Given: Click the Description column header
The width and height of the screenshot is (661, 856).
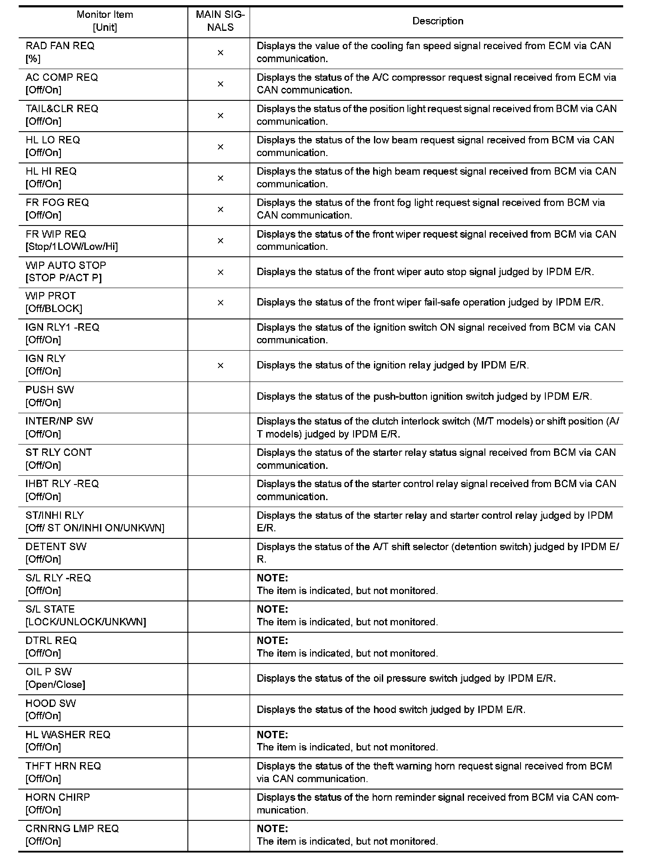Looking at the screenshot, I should pos(437,21).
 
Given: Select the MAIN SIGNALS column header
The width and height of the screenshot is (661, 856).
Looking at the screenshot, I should pos(220,21).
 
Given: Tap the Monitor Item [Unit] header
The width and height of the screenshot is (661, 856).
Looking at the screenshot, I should pos(105,21).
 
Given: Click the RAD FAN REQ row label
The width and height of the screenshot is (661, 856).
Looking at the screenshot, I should pos(60,46).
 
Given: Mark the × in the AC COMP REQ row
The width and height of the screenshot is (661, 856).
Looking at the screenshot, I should pos(220,84).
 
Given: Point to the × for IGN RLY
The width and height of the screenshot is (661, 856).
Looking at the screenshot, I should pos(220,365).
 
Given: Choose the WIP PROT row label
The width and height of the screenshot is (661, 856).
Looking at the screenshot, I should pos(50,296).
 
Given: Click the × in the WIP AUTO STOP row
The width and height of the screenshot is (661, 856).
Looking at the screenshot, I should pos(220,272).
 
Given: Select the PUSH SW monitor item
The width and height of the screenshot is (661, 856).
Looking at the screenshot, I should pos(50,390).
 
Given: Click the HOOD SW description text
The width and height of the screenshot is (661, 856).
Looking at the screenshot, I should pos(391,710).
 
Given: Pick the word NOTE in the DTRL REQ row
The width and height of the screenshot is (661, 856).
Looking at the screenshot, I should pos(272,640).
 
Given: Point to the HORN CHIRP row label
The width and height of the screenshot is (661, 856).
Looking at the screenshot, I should pos(58,797).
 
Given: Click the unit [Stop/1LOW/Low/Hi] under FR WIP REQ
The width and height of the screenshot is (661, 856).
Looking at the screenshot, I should pos(72,247).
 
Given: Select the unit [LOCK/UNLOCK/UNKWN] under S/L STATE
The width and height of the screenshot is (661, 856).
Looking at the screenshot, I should pos(86,622).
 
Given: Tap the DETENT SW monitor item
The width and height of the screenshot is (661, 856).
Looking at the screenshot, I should pos(56,546).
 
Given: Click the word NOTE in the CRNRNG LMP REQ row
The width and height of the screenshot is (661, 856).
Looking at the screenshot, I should pos(272,828).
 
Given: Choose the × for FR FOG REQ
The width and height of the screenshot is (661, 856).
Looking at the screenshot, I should pos(220,209).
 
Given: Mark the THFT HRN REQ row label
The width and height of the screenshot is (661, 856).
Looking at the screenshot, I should pos(63,766).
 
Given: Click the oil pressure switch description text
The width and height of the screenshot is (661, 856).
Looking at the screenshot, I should pos(406,678).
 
